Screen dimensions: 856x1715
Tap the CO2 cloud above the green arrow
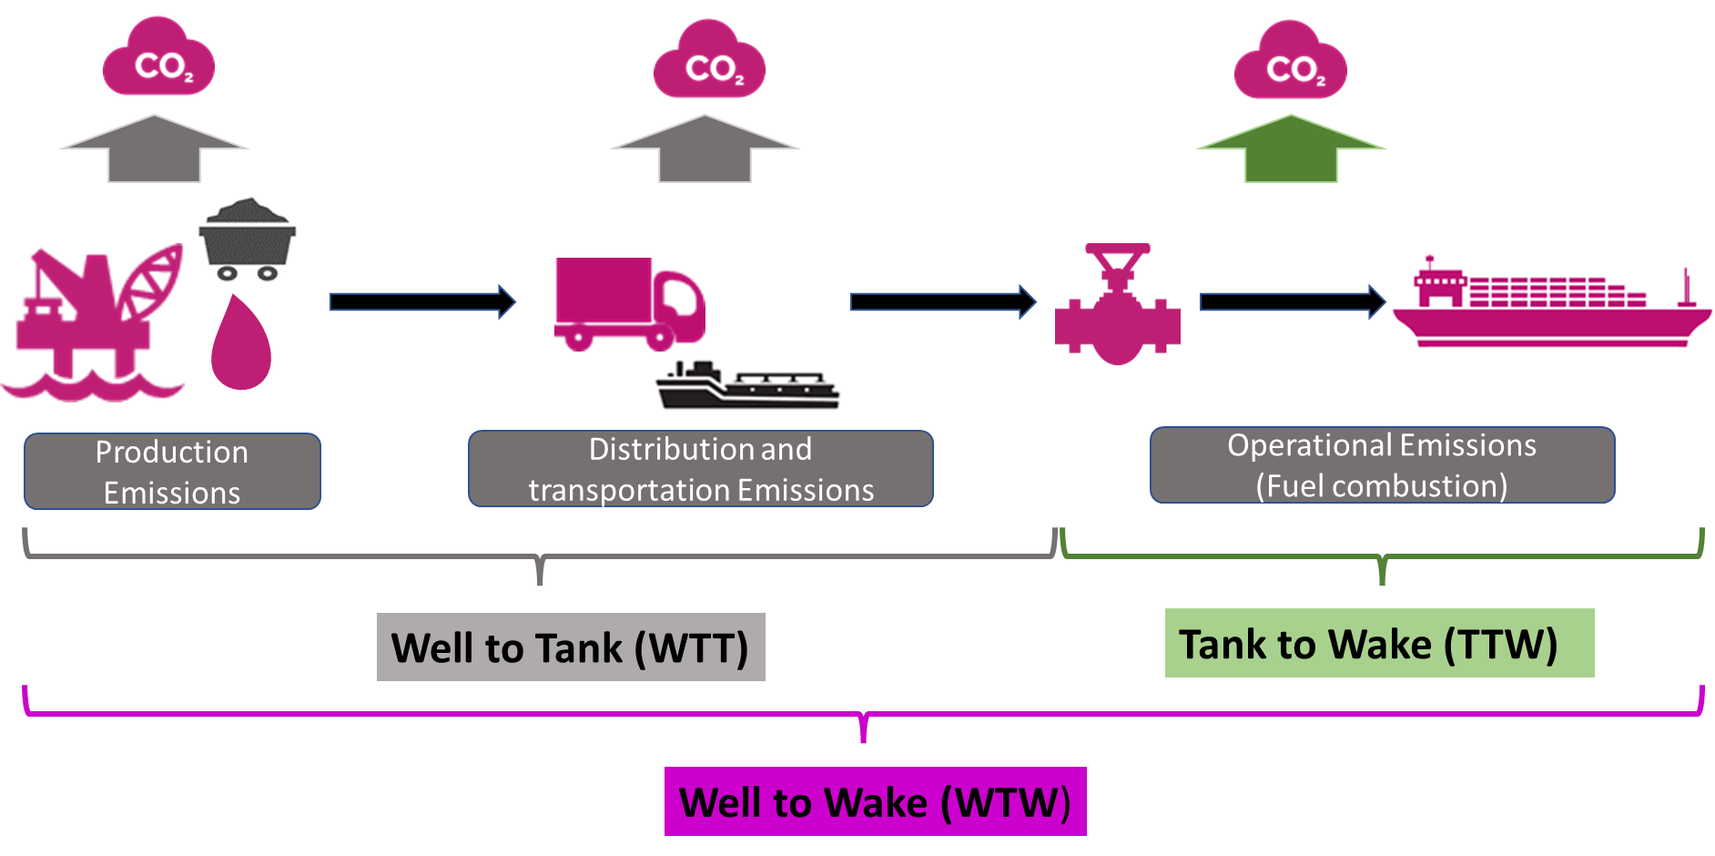click(x=1290, y=62)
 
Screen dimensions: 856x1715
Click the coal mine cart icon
click(x=247, y=241)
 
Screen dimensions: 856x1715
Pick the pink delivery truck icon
click(x=629, y=304)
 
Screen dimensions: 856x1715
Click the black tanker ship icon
click(x=748, y=387)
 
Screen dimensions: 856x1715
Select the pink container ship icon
click(x=1549, y=302)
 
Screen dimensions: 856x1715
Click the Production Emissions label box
click(x=172, y=471)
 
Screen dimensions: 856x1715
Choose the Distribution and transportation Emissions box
click(x=700, y=469)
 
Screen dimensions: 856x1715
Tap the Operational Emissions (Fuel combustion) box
click(x=1382, y=465)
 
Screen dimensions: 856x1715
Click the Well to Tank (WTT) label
click(x=571, y=647)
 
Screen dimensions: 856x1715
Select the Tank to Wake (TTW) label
click(x=1379, y=643)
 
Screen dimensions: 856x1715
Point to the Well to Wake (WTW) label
click(x=875, y=801)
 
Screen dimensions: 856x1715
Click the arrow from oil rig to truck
click(x=422, y=301)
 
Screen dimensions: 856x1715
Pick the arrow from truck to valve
click(x=943, y=301)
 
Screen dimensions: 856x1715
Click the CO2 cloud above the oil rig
click(x=158, y=59)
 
